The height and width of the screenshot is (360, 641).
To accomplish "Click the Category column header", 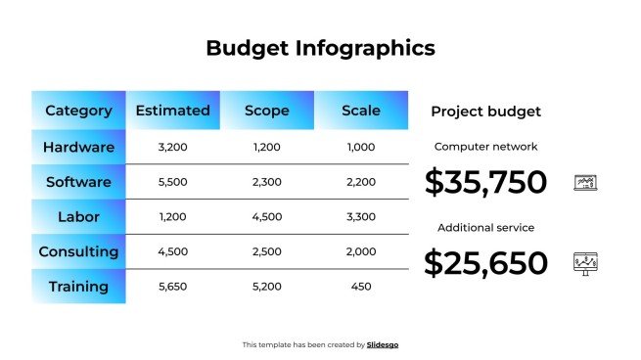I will click(78, 111).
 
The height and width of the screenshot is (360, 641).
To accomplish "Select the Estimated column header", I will click(172, 111).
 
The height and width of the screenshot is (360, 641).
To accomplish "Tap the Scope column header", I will click(266, 111).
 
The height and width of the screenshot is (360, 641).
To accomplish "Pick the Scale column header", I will click(361, 111).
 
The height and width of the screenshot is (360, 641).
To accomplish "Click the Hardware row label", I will click(78, 148).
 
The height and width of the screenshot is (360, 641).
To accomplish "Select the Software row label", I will click(78, 182).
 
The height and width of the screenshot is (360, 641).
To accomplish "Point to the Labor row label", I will click(78, 216).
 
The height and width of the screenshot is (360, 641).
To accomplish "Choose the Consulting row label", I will click(78, 251).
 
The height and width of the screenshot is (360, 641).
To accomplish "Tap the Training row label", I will click(78, 287).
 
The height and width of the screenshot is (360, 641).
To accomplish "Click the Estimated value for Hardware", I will click(172, 148).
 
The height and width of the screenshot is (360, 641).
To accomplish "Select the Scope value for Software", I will click(266, 182).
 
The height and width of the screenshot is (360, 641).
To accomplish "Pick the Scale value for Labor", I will click(361, 216).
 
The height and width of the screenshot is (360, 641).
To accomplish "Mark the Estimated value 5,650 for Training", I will click(172, 287).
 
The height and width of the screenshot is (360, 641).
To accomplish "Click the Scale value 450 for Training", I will click(361, 287).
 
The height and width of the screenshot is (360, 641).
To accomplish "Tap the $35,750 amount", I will click(485, 182).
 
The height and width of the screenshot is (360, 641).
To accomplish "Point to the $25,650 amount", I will click(485, 262).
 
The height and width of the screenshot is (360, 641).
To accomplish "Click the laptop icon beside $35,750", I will click(585, 182).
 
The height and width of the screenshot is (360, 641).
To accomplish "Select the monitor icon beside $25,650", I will click(585, 262).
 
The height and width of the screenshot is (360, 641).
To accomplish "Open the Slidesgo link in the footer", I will click(383, 344).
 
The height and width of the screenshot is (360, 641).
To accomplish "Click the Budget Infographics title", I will click(320, 48).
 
